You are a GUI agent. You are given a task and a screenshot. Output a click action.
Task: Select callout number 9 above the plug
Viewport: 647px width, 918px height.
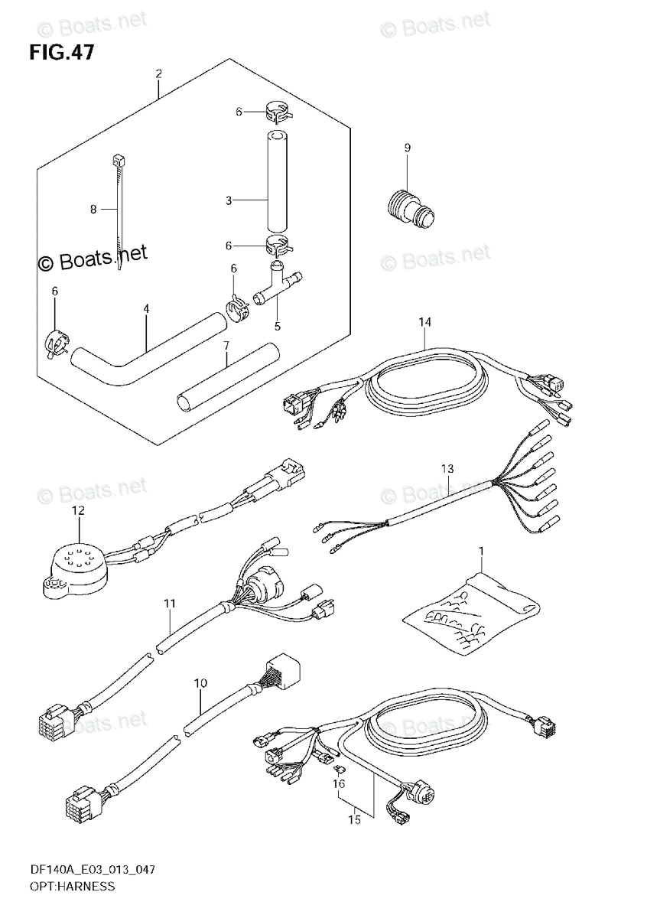tap(407, 148)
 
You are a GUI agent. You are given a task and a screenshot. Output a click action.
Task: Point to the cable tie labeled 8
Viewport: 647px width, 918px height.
tap(118, 214)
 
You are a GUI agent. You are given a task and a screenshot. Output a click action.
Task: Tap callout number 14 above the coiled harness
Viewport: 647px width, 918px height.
tap(425, 321)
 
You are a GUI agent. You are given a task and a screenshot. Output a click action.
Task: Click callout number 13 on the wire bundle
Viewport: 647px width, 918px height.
tap(447, 468)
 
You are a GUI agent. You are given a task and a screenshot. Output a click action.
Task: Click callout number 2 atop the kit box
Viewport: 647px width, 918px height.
tap(158, 74)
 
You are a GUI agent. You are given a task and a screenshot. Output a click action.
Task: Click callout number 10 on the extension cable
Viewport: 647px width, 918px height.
tap(200, 681)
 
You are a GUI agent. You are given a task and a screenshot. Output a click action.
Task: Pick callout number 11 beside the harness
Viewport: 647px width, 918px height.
tap(170, 604)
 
